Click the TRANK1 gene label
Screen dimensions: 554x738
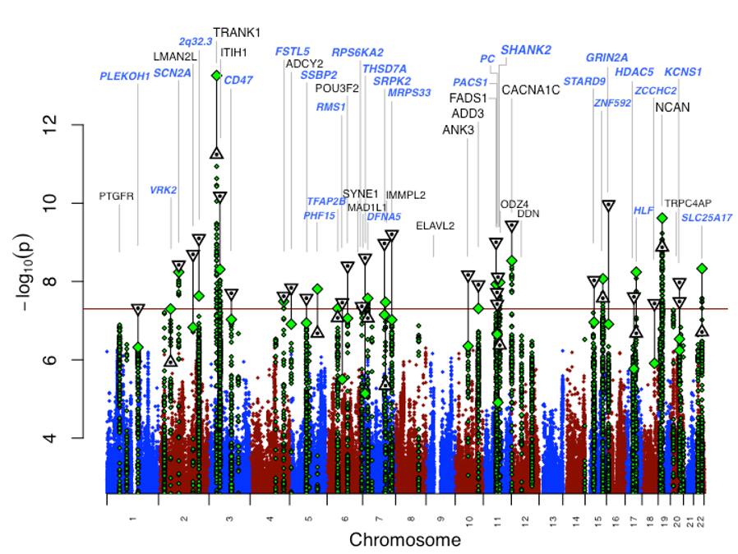tap(237, 33)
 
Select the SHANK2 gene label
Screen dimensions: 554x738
tap(526, 51)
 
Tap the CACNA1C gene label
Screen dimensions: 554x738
tap(531, 90)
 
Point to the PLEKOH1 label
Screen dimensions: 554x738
tap(125, 76)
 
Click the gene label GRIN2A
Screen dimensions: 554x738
tap(607, 58)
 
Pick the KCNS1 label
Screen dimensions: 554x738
tap(683, 72)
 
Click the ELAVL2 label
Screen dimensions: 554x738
tap(436, 225)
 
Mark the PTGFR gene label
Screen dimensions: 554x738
tap(116, 196)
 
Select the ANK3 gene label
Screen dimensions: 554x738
tap(459, 130)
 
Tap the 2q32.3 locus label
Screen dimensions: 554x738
tap(196, 41)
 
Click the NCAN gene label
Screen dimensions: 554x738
tap(672, 108)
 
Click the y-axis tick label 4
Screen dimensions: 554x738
tap(53, 438)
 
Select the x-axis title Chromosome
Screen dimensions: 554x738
tap(404, 540)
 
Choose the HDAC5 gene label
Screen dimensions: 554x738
tap(634, 72)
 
